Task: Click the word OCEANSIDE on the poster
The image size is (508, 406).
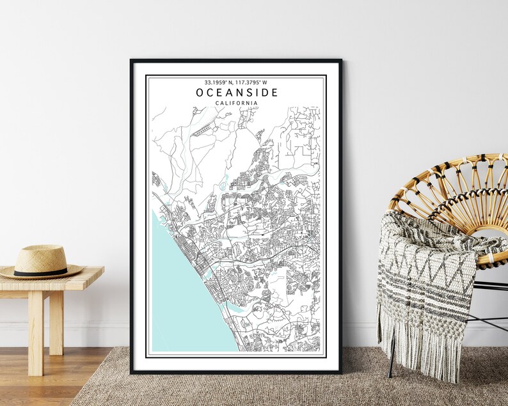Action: tap(237, 93)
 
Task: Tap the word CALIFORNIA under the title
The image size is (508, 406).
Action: tap(237, 103)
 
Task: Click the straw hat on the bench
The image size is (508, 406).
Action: tap(41, 263)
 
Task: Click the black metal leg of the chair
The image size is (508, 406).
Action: tap(392, 358)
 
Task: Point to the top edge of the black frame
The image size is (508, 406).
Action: tap(236, 61)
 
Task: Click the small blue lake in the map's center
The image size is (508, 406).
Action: tap(223, 187)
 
